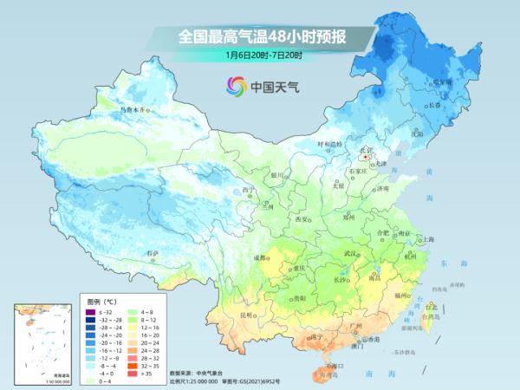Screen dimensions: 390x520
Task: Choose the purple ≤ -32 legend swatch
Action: coord(91,310)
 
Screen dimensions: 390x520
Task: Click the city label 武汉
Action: coord(351,253)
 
